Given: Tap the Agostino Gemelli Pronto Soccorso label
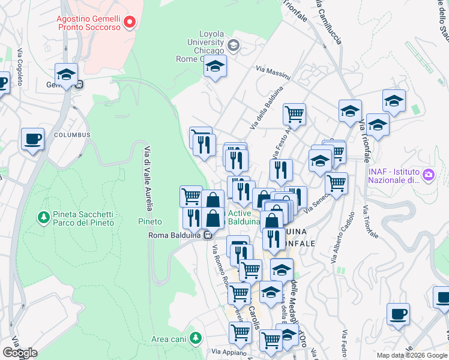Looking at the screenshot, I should pyautogui.click(x=90, y=23).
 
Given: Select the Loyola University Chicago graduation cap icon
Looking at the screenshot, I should pyautogui.click(x=234, y=44).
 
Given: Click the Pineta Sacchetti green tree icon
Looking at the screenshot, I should pyautogui.click(x=43, y=216).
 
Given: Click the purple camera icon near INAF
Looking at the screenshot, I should pyautogui.click(x=429, y=175).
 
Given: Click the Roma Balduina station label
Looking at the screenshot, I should pyautogui.click(x=174, y=235).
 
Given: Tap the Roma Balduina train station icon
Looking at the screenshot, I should pyautogui.click(x=208, y=235).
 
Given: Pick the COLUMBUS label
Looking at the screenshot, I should pyautogui.click(x=72, y=135).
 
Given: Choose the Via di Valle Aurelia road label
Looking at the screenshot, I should pyautogui.click(x=146, y=176).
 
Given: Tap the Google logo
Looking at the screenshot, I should pyautogui.click(x=19, y=353).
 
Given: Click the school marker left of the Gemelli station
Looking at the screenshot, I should pyautogui.click(x=66, y=74).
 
